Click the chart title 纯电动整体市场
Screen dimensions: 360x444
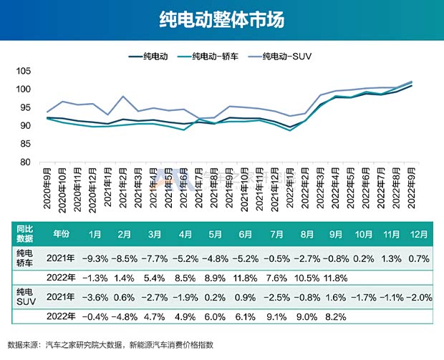(x=221, y=19)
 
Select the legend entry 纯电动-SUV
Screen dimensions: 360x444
(x=286, y=55)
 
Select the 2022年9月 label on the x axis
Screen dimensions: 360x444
(x=412, y=189)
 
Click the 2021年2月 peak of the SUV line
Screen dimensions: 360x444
(x=123, y=97)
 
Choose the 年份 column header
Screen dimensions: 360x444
(x=62, y=233)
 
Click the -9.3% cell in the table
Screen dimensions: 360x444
(x=95, y=258)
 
